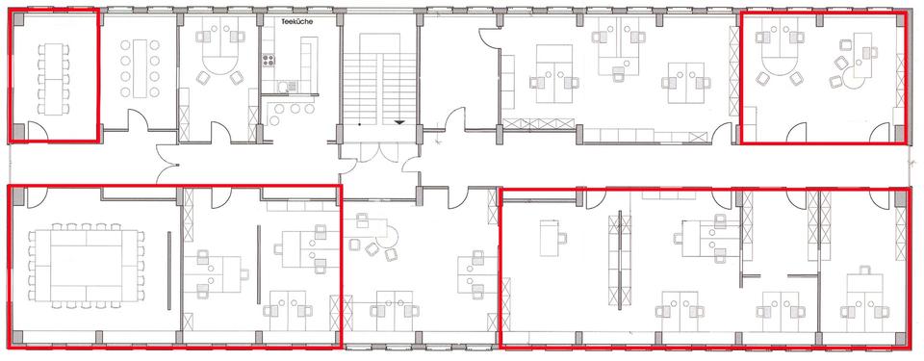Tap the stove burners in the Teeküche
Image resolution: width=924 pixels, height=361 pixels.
point(269,60)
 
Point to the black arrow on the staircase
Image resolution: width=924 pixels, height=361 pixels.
point(398,122)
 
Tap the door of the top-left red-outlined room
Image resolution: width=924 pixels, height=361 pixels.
point(39,131)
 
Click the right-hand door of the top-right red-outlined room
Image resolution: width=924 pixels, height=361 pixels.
point(881,132)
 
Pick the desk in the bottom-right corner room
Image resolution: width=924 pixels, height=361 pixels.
point(862,289)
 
